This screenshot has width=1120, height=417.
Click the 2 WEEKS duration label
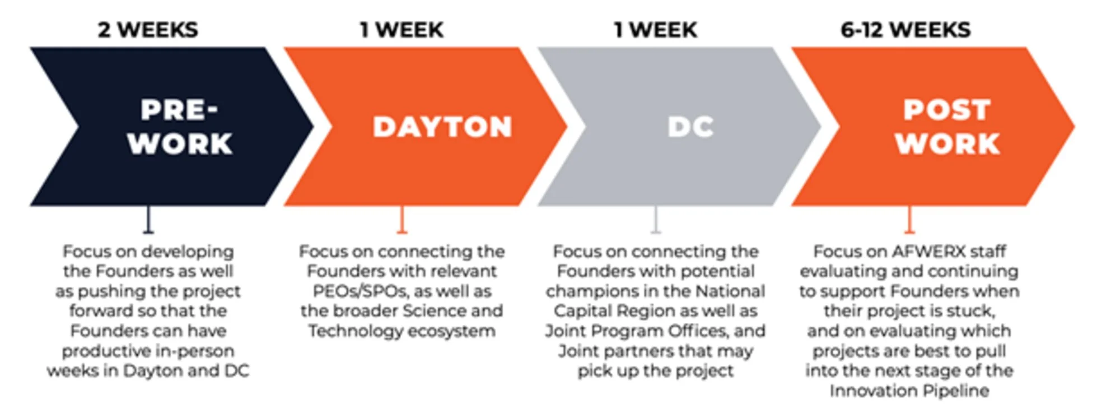coord(148,30)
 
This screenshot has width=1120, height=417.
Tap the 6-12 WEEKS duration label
coord(906,30)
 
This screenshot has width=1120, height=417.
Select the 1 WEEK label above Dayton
coord(402,30)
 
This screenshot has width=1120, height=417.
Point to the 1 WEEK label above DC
coord(655,30)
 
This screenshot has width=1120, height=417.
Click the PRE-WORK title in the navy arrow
coord(180,127)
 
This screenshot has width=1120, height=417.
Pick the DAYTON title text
coord(442,127)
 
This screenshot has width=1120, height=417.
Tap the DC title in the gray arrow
coord(690,127)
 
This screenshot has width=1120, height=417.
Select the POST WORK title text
coord(947,127)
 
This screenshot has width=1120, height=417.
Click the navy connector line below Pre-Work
coord(148,220)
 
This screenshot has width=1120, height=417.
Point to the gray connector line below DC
coord(656,220)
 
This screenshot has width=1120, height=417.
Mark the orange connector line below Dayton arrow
coord(402,220)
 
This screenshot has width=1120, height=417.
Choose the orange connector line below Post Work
coord(909,220)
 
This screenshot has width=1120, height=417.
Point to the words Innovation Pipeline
coord(909,391)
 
